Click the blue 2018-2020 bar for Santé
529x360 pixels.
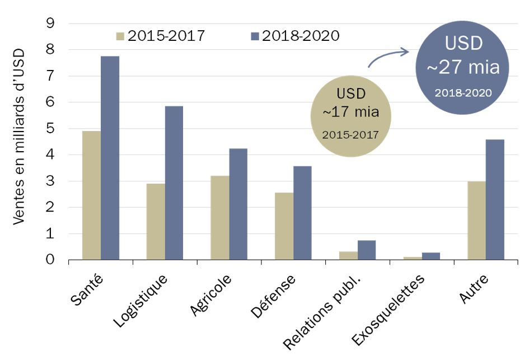(x=110, y=158)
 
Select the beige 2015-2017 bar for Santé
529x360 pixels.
(x=91, y=195)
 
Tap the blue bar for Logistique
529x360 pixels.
(x=174, y=183)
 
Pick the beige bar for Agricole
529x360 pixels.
(x=220, y=218)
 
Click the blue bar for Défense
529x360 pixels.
(x=302, y=213)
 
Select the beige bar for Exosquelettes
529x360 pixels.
(x=412, y=258)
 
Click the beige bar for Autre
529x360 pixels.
(x=476, y=221)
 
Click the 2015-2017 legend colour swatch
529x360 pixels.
(x=120, y=36)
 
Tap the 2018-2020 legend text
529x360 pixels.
(x=301, y=36)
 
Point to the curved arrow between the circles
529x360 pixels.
(x=387, y=56)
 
